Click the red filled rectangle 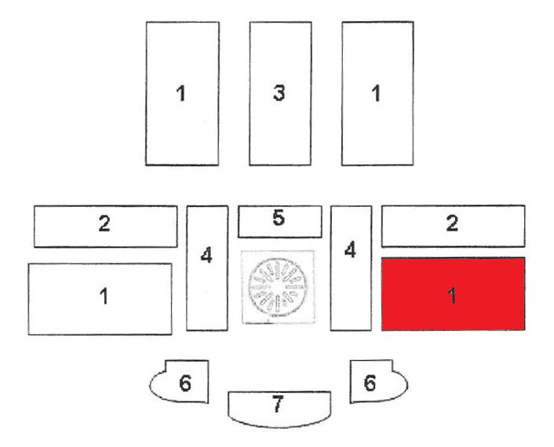point(454,294)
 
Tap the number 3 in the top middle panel point(279,93)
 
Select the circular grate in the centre point(277,287)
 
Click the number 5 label point(279,217)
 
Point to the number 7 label point(278,404)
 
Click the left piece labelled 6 point(179,381)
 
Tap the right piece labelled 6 point(379,381)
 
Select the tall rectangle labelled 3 point(280,93)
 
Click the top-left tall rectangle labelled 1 point(182,93)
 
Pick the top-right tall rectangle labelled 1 point(377,93)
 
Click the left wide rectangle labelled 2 point(106,227)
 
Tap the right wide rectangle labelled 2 point(454,226)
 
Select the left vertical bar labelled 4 point(207,268)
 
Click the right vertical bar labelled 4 point(351,268)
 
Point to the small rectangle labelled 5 point(280,221)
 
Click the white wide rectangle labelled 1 point(100,299)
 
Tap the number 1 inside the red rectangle point(452,295)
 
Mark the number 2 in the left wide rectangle point(104,223)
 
